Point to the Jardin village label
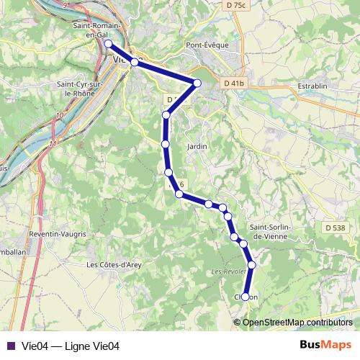(x=197, y=146)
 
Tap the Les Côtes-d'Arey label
(x=114, y=264)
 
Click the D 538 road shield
(x=336, y=228)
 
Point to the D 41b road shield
(x=234, y=84)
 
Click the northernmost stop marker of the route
(x=109, y=44)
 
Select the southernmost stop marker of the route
(x=246, y=297)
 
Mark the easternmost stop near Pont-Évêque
(x=197, y=84)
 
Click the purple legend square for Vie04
(x=10, y=346)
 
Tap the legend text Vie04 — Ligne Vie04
(x=70, y=346)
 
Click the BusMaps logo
(x=325, y=345)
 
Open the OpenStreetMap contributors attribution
(x=297, y=323)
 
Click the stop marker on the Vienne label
(x=134, y=62)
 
